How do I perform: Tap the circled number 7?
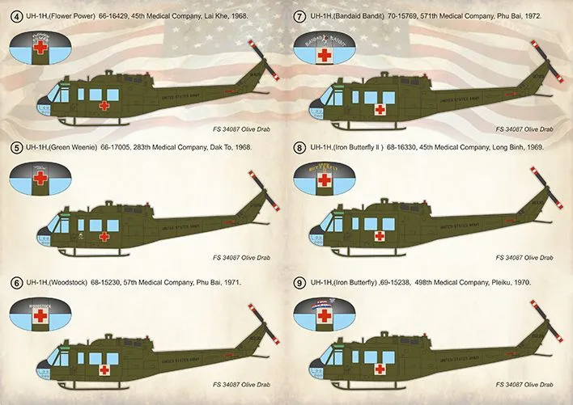tap(299, 17)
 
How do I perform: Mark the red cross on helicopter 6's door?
tap(104, 371)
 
